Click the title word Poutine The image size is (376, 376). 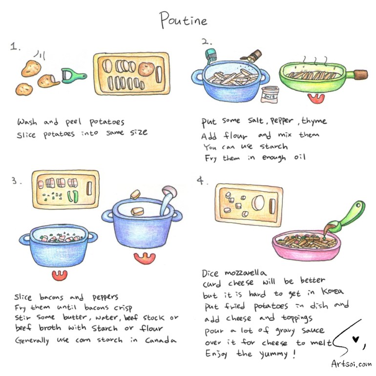tap(184, 20)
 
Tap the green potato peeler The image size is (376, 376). tap(73, 76)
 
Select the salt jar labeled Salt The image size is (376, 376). tap(270, 95)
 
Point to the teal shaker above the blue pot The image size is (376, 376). tap(211, 56)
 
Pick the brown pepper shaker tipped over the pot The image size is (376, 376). tap(252, 56)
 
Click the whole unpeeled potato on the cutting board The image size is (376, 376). tap(146, 69)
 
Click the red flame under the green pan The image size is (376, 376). tap(316, 98)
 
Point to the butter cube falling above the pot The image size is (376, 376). tap(135, 194)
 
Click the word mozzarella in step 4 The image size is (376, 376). tap(246, 272)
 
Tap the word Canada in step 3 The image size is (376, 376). tap(161, 340)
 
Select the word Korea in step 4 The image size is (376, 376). tap(333, 291)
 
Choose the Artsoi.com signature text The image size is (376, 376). tap(352, 364)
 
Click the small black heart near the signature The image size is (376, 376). tap(355, 339)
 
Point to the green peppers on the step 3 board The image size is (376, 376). tap(73, 196)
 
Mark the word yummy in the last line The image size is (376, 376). tap(273, 354)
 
